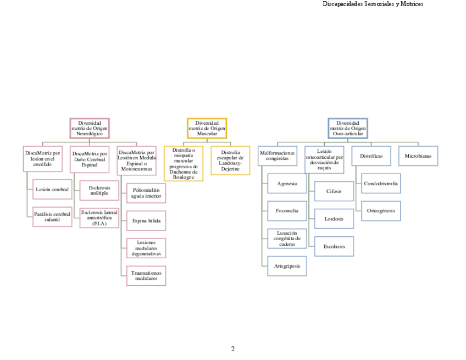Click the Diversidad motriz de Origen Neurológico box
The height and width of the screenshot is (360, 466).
pyautogui.click(x=90, y=129)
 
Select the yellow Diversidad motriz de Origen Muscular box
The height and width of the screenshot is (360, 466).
pyautogui.click(x=207, y=129)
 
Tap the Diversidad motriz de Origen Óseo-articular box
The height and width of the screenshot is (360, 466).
pyautogui.click(x=347, y=129)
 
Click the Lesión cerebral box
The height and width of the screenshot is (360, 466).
pyautogui.click(x=52, y=190)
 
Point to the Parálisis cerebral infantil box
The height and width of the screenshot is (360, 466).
pyautogui.click(x=52, y=217)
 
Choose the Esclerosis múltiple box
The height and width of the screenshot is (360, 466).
pyautogui.click(x=99, y=190)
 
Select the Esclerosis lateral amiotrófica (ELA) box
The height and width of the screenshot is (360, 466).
pyautogui.click(x=99, y=218)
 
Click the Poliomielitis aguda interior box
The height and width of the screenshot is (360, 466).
pyautogui.click(x=146, y=193)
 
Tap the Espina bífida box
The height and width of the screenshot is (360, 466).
pyautogui.click(x=146, y=220)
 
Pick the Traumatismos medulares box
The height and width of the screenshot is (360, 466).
pyautogui.click(x=146, y=275)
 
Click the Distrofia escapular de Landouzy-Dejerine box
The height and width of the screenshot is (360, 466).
pyautogui.click(x=230, y=160)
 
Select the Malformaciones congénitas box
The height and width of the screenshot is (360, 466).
pyautogui.click(x=278, y=156)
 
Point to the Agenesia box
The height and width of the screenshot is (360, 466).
pyautogui.click(x=287, y=184)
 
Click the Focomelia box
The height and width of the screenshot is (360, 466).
pyautogui.click(x=287, y=211)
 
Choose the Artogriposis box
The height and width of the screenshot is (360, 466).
pyautogui.click(x=287, y=266)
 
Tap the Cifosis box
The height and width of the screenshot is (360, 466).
pyautogui.click(x=334, y=191)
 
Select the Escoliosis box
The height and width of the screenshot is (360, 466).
pyautogui.click(x=334, y=246)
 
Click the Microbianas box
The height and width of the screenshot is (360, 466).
pyautogui.click(x=418, y=156)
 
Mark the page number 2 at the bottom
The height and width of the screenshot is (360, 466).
pyautogui.click(x=233, y=349)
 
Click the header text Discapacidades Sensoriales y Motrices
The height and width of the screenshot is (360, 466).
pyautogui.click(x=373, y=4)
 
